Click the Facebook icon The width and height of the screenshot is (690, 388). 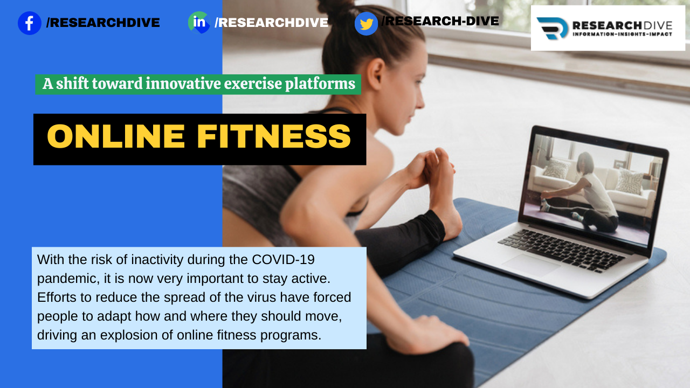coord(29,23)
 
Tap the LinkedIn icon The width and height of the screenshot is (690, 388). coord(199,23)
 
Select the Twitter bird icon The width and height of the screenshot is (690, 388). coord(366,24)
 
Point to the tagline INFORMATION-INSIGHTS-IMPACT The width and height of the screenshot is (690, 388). coord(622,34)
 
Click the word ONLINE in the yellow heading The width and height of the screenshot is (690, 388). coord(116,136)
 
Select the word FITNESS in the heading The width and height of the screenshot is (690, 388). coord(274,136)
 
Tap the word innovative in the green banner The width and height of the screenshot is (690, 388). coord(183,84)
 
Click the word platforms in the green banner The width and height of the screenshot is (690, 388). coord(320,84)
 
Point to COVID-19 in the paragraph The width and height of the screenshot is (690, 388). coord(283,260)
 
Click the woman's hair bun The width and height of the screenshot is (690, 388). coord(336,7)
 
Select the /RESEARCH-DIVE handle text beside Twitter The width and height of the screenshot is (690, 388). coord(440,21)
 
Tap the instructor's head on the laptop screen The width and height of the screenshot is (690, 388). coord(585,162)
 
